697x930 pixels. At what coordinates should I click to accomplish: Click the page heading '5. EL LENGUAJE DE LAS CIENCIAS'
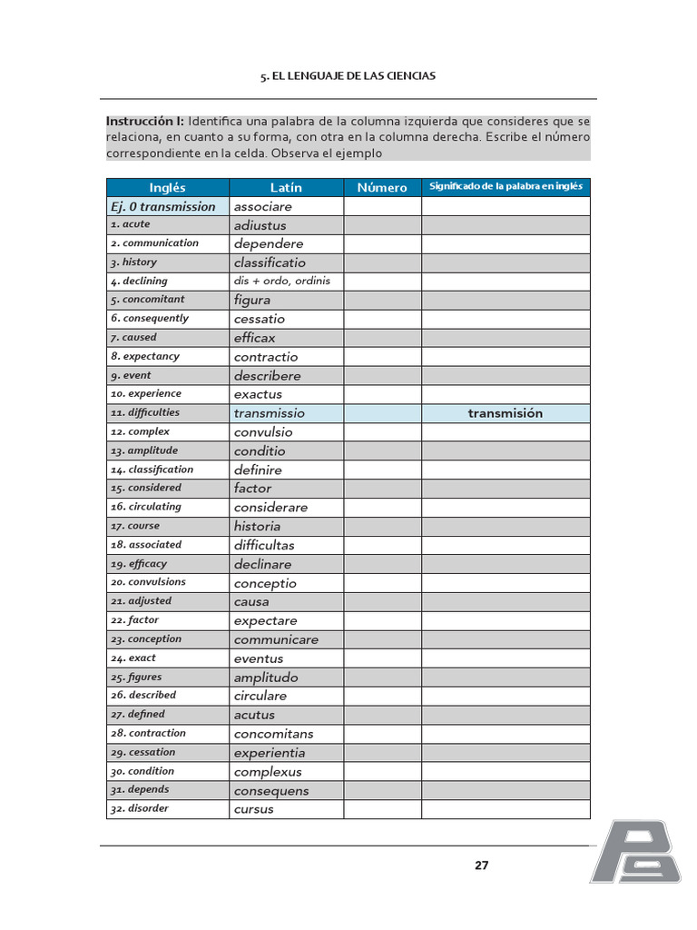point(348,76)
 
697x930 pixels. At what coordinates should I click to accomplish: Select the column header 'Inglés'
point(167,187)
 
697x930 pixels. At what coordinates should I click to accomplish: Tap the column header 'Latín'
point(286,187)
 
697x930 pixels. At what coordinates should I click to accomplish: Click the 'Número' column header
point(382,187)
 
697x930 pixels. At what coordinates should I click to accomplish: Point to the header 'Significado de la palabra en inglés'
point(506,186)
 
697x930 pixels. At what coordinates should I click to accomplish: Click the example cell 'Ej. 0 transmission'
point(163,206)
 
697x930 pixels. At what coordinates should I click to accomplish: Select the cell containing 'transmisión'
point(506,413)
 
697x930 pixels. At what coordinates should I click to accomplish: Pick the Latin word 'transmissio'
point(270,413)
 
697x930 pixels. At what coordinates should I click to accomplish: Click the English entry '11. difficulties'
point(145,412)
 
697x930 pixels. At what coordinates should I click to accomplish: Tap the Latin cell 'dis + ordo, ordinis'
point(282,282)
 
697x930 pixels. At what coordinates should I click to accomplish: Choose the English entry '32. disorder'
point(140,808)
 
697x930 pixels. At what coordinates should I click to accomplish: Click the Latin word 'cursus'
point(254,809)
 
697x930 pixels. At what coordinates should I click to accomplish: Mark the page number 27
point(481,866)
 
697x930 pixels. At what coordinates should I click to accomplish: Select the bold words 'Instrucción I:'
point(145,121)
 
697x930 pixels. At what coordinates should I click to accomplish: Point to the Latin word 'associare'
point(263,206)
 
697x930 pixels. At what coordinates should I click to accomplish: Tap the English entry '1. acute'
point(131,224)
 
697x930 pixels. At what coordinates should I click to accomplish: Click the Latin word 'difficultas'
point(264,545)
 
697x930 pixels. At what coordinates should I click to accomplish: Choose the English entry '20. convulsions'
point(148,582)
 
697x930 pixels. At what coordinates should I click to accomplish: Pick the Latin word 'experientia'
point(270,753)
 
